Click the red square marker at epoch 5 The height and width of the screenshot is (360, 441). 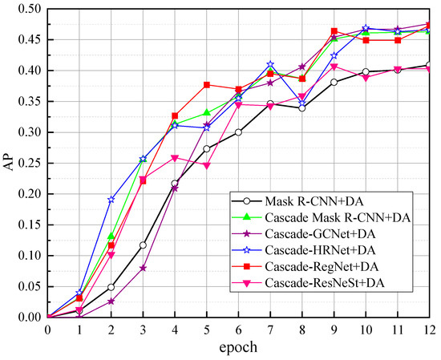click(207, 84)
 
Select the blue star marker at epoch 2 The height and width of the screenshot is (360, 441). click(111, 199)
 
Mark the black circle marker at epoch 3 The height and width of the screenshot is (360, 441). click(143, 245)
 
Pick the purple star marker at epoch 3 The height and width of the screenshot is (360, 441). click(143, 268)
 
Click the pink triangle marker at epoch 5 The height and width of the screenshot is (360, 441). click(207, 165)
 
